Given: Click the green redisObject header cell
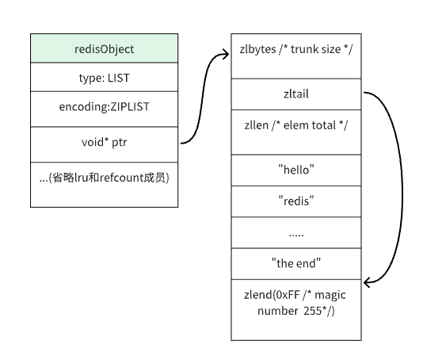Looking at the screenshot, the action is tap(104, 48).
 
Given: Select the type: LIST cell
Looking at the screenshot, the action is tap(104, 77).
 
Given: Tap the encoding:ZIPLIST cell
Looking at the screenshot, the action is tap(104, 109).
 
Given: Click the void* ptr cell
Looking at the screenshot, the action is tap(104, 144).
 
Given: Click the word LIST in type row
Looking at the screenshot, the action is tap(119, 78).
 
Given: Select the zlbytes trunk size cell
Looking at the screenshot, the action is tap(296, 56).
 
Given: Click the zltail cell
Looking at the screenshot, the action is tap(296, 94).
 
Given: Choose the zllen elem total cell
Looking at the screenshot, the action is tap(296, 132).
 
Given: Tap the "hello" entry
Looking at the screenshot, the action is tap(296, 170).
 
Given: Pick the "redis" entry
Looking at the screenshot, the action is tap(296, 201).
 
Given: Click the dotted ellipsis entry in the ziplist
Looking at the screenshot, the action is tap(296, 232).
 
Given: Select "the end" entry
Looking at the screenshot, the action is tap(296, 264).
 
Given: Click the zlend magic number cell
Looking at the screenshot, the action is tap(296, 310).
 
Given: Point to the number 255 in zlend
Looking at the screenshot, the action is tap(312, 311).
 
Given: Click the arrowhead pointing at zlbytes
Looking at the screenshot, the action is tap(226, 54).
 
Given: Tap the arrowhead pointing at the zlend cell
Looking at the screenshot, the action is tap(367, 283).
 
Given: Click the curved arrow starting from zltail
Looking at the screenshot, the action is tap(402, 189).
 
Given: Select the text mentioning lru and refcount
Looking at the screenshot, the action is tap(104, 178).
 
